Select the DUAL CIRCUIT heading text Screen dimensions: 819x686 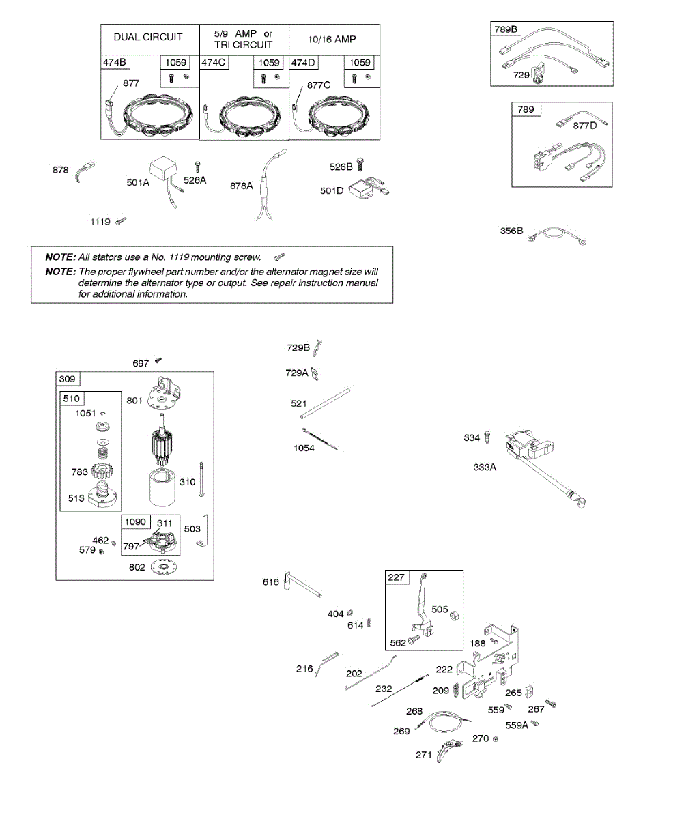pos(148,37)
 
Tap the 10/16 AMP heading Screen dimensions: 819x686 pos(332,39)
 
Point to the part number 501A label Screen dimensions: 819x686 pos(137,182)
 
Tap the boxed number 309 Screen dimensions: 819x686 pos(68,379)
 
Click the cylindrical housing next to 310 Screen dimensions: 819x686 pos(164,487)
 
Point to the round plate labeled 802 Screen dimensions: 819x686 pos(162,567)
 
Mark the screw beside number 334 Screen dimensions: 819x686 pos(488,437)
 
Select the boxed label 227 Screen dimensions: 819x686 pos(396,577)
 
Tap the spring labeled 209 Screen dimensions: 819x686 pos(457,691)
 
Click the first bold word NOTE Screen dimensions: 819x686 pos(60,257)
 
